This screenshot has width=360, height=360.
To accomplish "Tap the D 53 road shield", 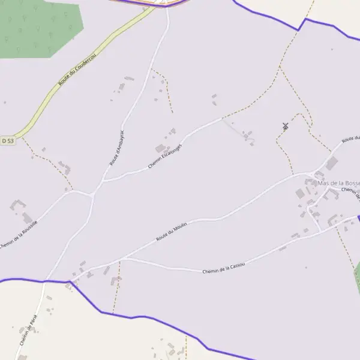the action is coord(7,140).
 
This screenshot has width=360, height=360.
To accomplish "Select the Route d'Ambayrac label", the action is coord(116,148).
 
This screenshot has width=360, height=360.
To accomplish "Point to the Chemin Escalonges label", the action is coord(165,156).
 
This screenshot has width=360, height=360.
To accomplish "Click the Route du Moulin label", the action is coord(172,231).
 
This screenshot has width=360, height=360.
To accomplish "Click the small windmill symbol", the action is coord(285,126).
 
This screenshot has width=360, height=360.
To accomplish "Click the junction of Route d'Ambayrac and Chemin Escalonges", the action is coord(104,179).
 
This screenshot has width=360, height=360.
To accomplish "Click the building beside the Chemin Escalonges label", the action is coord(160,148).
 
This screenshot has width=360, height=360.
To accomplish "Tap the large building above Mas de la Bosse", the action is coord(332,163).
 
